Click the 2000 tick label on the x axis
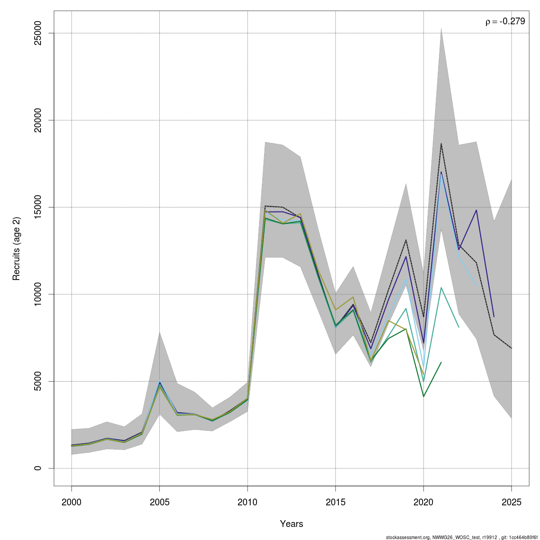point(72,502)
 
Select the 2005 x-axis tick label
point(159,502)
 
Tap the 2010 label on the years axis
point(247,502)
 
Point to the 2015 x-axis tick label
point(335,502)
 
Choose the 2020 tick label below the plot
point(423,502)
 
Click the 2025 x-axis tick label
point(511,502)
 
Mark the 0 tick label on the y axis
point(37,468)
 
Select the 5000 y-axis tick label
point(37,381)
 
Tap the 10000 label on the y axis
point(37,294)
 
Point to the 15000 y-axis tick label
point(37,207)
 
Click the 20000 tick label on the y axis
point(37,120)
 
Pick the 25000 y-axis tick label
point(37,33)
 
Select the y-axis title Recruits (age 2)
point(16,248)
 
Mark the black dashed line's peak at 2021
point(441,144)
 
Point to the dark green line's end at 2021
point(441,362)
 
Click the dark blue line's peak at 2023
point(477,210)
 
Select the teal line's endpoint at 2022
point(459,327)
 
